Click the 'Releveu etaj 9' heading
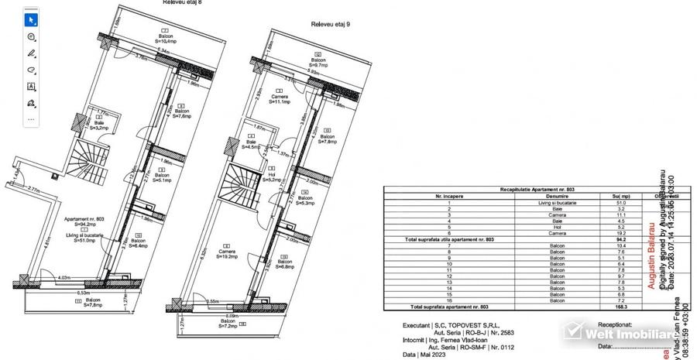[x=330, y=24]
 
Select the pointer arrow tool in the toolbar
[x=31, y=19]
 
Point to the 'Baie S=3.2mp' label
[x=100, y=125]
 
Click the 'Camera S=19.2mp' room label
[x=227, y=254]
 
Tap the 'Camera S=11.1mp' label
[x=280, y=98]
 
